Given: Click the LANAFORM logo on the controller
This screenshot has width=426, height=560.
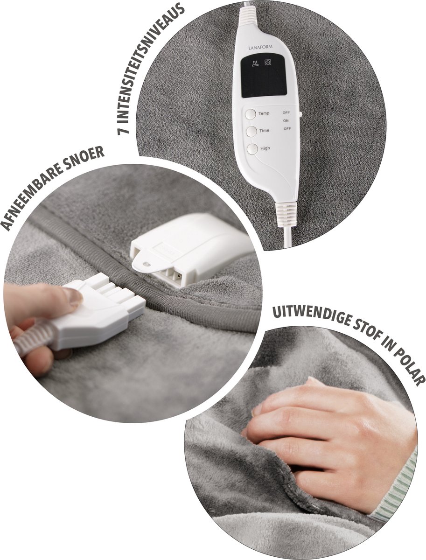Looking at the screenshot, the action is pyautogui.click(x=263, y=48).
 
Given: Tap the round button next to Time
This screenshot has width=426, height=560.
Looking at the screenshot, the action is pyautogui.click(x=251, y=132).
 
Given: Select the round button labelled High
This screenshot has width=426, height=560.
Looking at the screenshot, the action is pyautogui.click(x=252, y=149).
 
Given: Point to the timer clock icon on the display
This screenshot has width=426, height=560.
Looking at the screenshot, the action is pyautogui.click(x=268, y=62).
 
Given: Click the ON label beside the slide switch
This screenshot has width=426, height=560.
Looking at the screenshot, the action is pyautogui.click(x=286, y=121).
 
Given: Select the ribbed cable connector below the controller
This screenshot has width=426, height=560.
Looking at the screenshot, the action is pyautogui.click(x=286, y=213).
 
